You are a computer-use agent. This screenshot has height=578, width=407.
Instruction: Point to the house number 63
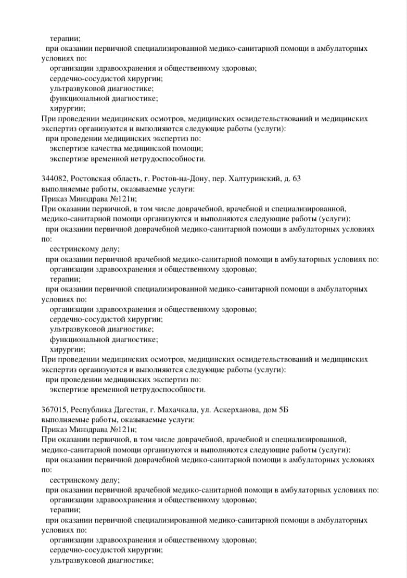[x=296, y=179]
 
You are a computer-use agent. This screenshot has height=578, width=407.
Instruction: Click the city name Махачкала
[x=169, y=410]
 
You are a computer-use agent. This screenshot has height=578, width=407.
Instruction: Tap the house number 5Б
[x=283, y=410]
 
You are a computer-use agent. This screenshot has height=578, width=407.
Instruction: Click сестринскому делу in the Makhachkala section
[x=85, y=480]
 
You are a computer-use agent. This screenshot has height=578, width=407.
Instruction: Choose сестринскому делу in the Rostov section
[x=85, y=249]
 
